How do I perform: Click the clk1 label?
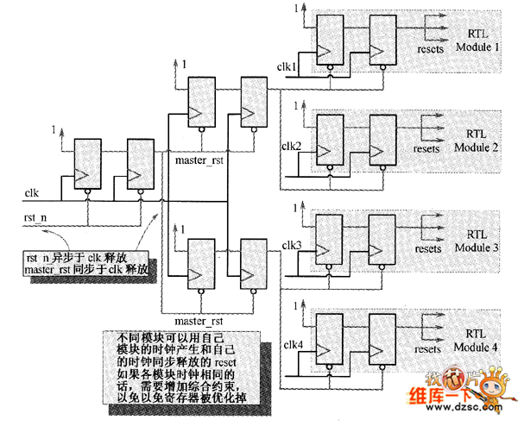[287, 66]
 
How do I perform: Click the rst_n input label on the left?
[34, 214]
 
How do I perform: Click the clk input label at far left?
[31, 191]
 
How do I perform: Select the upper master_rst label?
[199, 160]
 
